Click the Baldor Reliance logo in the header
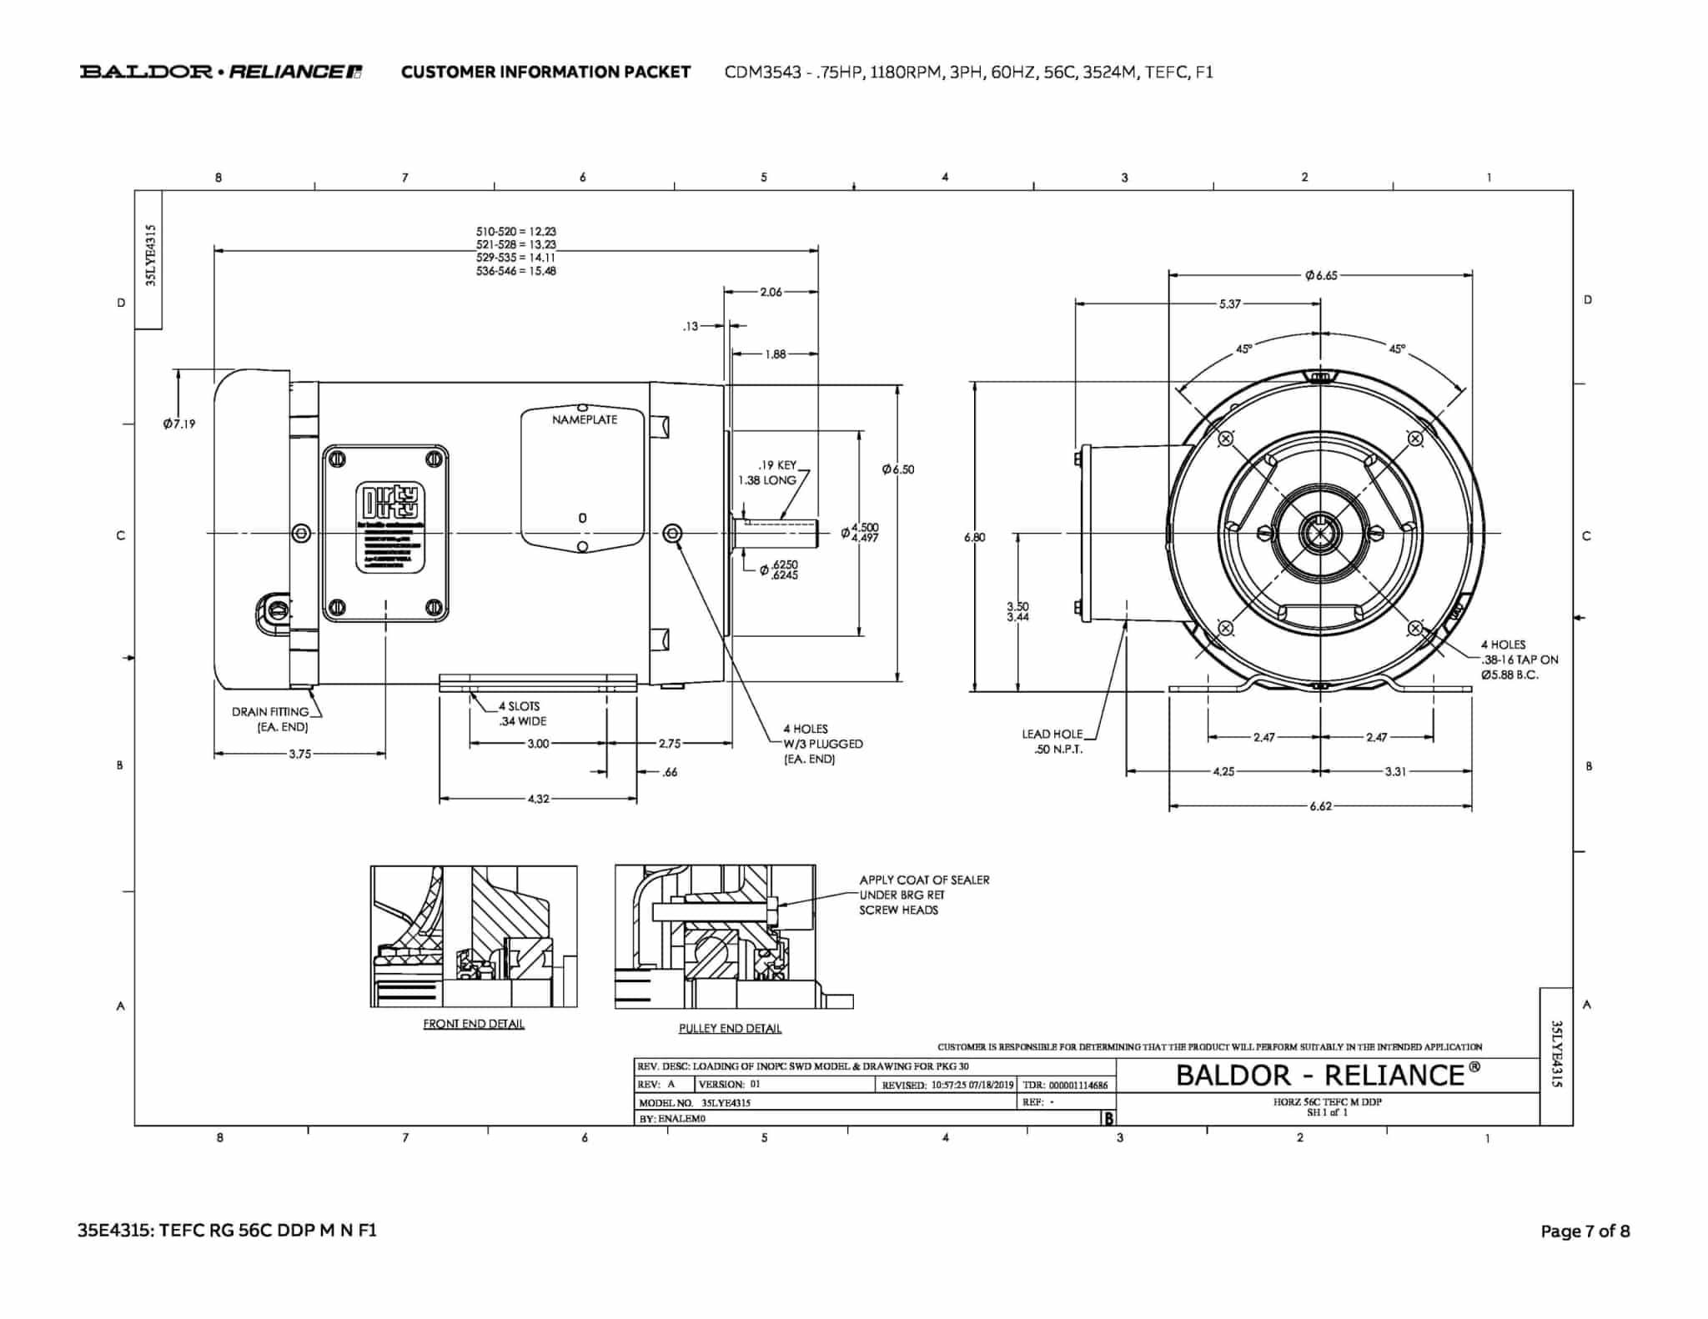pyautogui.click(x=221, y=72)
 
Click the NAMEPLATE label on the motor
pyautogui.click(x=585, y=419)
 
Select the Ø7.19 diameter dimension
pyautogui.click(x=179, y=424)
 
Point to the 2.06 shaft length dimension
pyautogui.click(x=771, y=292)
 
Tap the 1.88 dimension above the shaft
pyautogui.click(x=775, y=354)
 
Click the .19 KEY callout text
pyautogui.click(x=777, y=465)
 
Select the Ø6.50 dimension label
pyautogui.click(x=898, y=470)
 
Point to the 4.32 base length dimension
pyautogui.click(x=538, y=800)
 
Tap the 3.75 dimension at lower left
pyautogui.click(x=299, y=755)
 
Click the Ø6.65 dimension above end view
pyautogui.click(x=1321, y=275)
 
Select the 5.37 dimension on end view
pyautogui.click(x=1229, y=304)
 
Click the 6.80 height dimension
pyautogui.click(x=974, y=538)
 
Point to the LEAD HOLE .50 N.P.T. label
pyautogui.click(x=1052, y=741)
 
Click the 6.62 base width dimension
pyautogui.click(x=1320, y=807)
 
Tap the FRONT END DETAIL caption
pyautogui.click(x=474, y=1024)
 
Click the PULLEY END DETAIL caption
pyautogui.click(x=730, y=1029)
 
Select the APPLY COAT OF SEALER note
pyautogui.click(x=924, y=895)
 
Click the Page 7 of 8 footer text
pyautogui.click(x=1585, y=1231)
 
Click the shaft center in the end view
pyautogui.click(x=1321, y=534)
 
